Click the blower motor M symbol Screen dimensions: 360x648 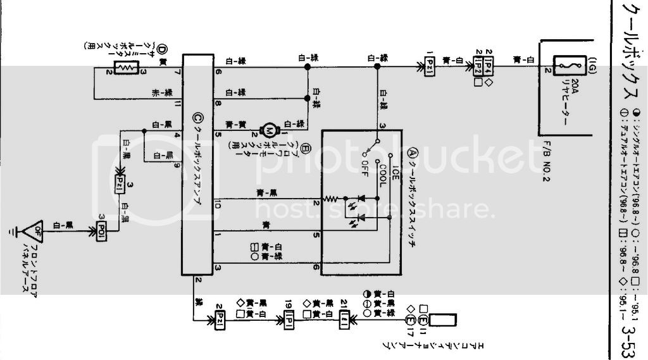click(267, 132)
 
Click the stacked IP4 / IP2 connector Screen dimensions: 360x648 click(480, 65)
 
